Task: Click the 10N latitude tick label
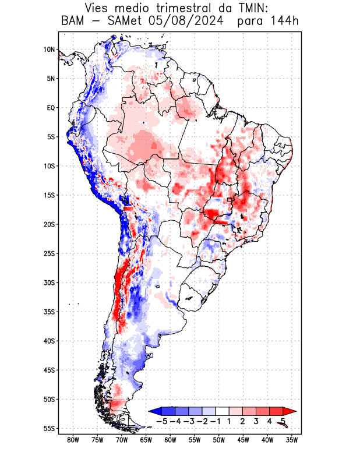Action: tap(49, 50)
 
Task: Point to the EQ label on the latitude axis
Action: tap(50, 108)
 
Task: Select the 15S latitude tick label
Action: tap(49, 195)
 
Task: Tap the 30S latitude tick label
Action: tap(49, 283)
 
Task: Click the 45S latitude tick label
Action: tap(49, 370)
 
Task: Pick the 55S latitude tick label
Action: tap(49, 428)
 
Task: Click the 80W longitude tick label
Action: tap(73, 440)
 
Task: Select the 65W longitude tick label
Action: tap(146, 440)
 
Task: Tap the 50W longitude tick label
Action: tap(218, 440)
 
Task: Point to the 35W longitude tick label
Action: tap(291, 440)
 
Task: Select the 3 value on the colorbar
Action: tap(256, 421)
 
